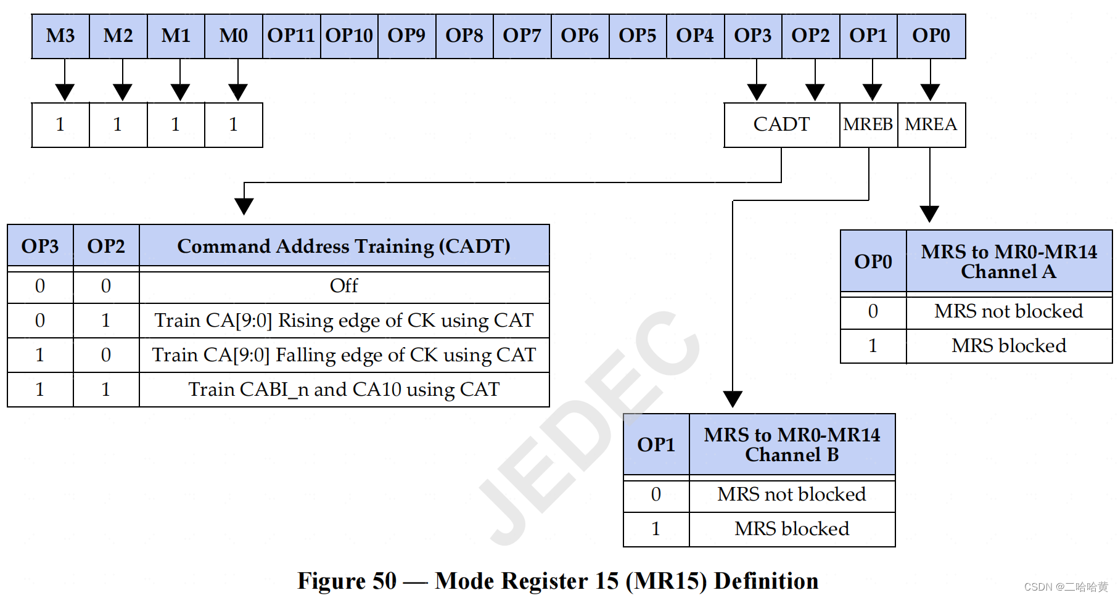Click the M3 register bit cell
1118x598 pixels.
tap(60, 36)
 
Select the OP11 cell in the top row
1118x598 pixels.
tap(291, 36)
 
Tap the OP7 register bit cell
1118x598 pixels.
tap(522, 36)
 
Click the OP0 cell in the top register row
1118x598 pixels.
tap(931, 36)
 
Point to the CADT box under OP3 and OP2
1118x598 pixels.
tap(781, 125)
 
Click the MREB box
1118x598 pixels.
tap(868, 125)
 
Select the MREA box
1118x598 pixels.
tap(931, 125)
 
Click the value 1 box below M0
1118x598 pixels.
tap(233, 125)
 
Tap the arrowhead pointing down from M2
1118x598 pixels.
tap(122, 92)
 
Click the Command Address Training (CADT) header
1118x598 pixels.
tap(343, 246)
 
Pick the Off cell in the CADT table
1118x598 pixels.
tap(343, 286)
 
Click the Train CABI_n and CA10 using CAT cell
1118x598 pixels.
tap(343, 390)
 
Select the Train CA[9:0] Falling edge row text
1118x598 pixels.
tap(343, 355)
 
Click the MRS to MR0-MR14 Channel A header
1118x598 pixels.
tap(1008, 261)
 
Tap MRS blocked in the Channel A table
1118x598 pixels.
tap(1008, 346)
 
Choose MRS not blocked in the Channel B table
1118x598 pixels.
tap(791, 494)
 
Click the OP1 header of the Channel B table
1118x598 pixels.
tap(656, 444)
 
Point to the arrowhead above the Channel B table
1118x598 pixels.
tap(732, 399)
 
